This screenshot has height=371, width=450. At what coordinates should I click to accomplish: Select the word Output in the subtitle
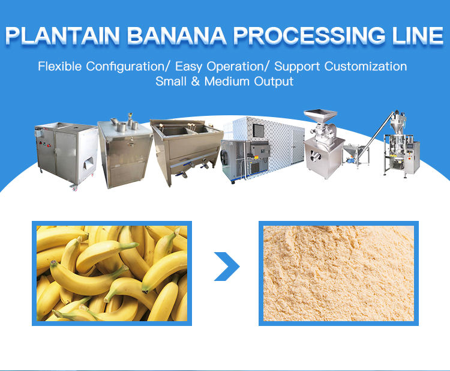point(275,81)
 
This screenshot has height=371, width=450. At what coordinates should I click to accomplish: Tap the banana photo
point(112,273)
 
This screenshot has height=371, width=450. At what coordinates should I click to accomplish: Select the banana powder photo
point(338,273)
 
